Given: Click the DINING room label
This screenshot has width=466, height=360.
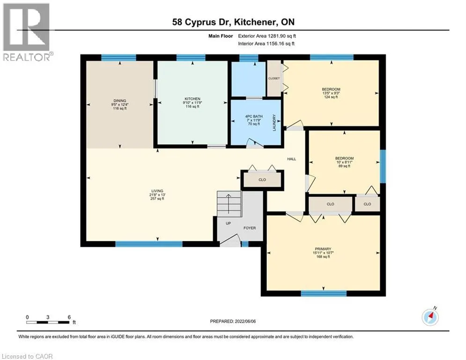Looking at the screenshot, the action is pos(120,101).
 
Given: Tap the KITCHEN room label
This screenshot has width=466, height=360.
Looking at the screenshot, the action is pos(192,99).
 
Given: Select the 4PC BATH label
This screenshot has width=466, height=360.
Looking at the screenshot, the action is pos(254,116).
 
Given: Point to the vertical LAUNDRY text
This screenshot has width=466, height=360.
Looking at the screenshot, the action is pos(274,122).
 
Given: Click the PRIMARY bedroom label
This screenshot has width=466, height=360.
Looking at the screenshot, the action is pos(323,249).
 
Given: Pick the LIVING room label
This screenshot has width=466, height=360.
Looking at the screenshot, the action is pos(157,191).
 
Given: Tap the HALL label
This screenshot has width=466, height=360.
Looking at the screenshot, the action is pos(292,159).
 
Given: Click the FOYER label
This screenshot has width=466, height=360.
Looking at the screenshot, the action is pos(250,228).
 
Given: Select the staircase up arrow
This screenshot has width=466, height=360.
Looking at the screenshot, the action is pos(229,204).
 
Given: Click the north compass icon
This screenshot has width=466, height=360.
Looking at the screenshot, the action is pos(430,317).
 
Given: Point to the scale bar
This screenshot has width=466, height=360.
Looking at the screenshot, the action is pos(48,322).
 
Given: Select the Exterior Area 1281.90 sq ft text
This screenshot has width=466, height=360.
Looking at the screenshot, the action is pos(267,36).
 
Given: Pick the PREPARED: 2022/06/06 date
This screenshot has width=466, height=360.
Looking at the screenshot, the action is pos(233,321).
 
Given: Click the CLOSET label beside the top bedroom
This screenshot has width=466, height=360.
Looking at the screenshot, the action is pos(274,78).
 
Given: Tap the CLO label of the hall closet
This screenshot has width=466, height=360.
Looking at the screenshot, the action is pos(262,180).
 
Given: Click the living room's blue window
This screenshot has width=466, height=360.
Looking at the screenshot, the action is pos(148,244).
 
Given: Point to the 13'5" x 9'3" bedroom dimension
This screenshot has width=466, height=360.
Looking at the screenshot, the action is pos(331,93).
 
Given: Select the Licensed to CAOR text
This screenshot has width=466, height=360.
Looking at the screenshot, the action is pos(27,356).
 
